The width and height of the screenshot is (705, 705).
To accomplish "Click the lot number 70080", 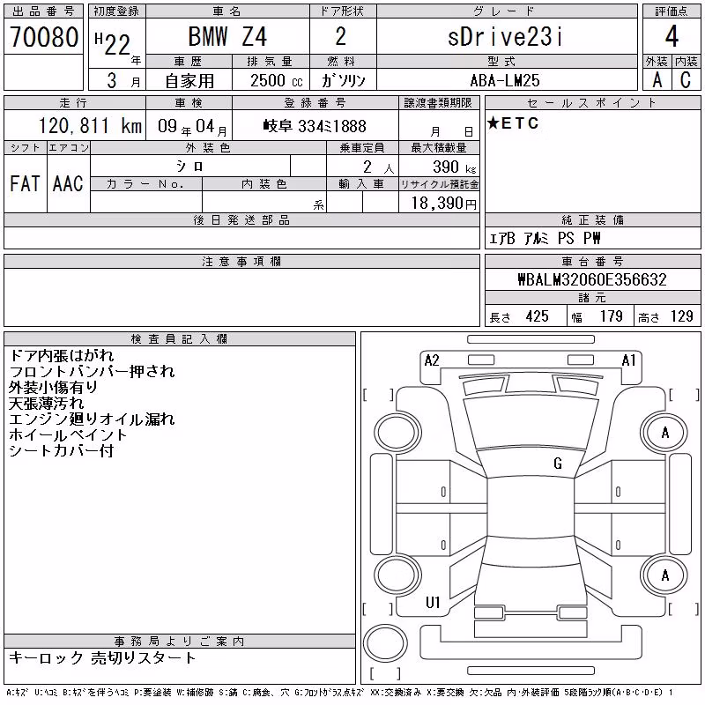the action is point(44,37).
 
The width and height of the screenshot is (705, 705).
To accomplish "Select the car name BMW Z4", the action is point(227,36).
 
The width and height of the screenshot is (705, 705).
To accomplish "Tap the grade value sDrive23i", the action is point(505,36).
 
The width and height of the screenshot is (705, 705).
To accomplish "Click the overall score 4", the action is point(672,36).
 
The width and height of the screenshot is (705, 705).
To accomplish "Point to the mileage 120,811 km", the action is point(90,125).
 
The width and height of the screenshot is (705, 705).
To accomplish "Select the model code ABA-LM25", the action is point(505,80).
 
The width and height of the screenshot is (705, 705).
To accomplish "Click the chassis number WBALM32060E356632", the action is point(592,279).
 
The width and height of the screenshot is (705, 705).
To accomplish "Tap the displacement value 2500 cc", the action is point(277,80).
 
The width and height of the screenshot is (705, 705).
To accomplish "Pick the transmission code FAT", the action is point(26,183).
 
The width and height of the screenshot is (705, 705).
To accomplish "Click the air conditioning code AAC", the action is point(68,183).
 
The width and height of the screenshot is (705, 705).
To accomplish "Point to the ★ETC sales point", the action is point(513,123).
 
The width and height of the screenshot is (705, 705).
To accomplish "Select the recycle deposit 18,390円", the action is point(444,204).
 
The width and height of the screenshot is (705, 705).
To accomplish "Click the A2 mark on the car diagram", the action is point(432,360).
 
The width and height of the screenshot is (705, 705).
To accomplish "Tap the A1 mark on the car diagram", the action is point(628,360).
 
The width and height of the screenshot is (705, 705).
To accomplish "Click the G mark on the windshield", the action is point(558,464).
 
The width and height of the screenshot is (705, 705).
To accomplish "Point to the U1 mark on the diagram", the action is point(433,603).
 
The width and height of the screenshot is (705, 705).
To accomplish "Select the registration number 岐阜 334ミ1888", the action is point(315,126).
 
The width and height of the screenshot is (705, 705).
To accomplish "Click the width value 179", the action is point(611,316).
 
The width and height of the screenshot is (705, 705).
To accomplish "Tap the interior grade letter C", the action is point(686,80).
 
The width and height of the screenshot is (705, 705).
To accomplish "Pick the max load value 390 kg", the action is point(454,167).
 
